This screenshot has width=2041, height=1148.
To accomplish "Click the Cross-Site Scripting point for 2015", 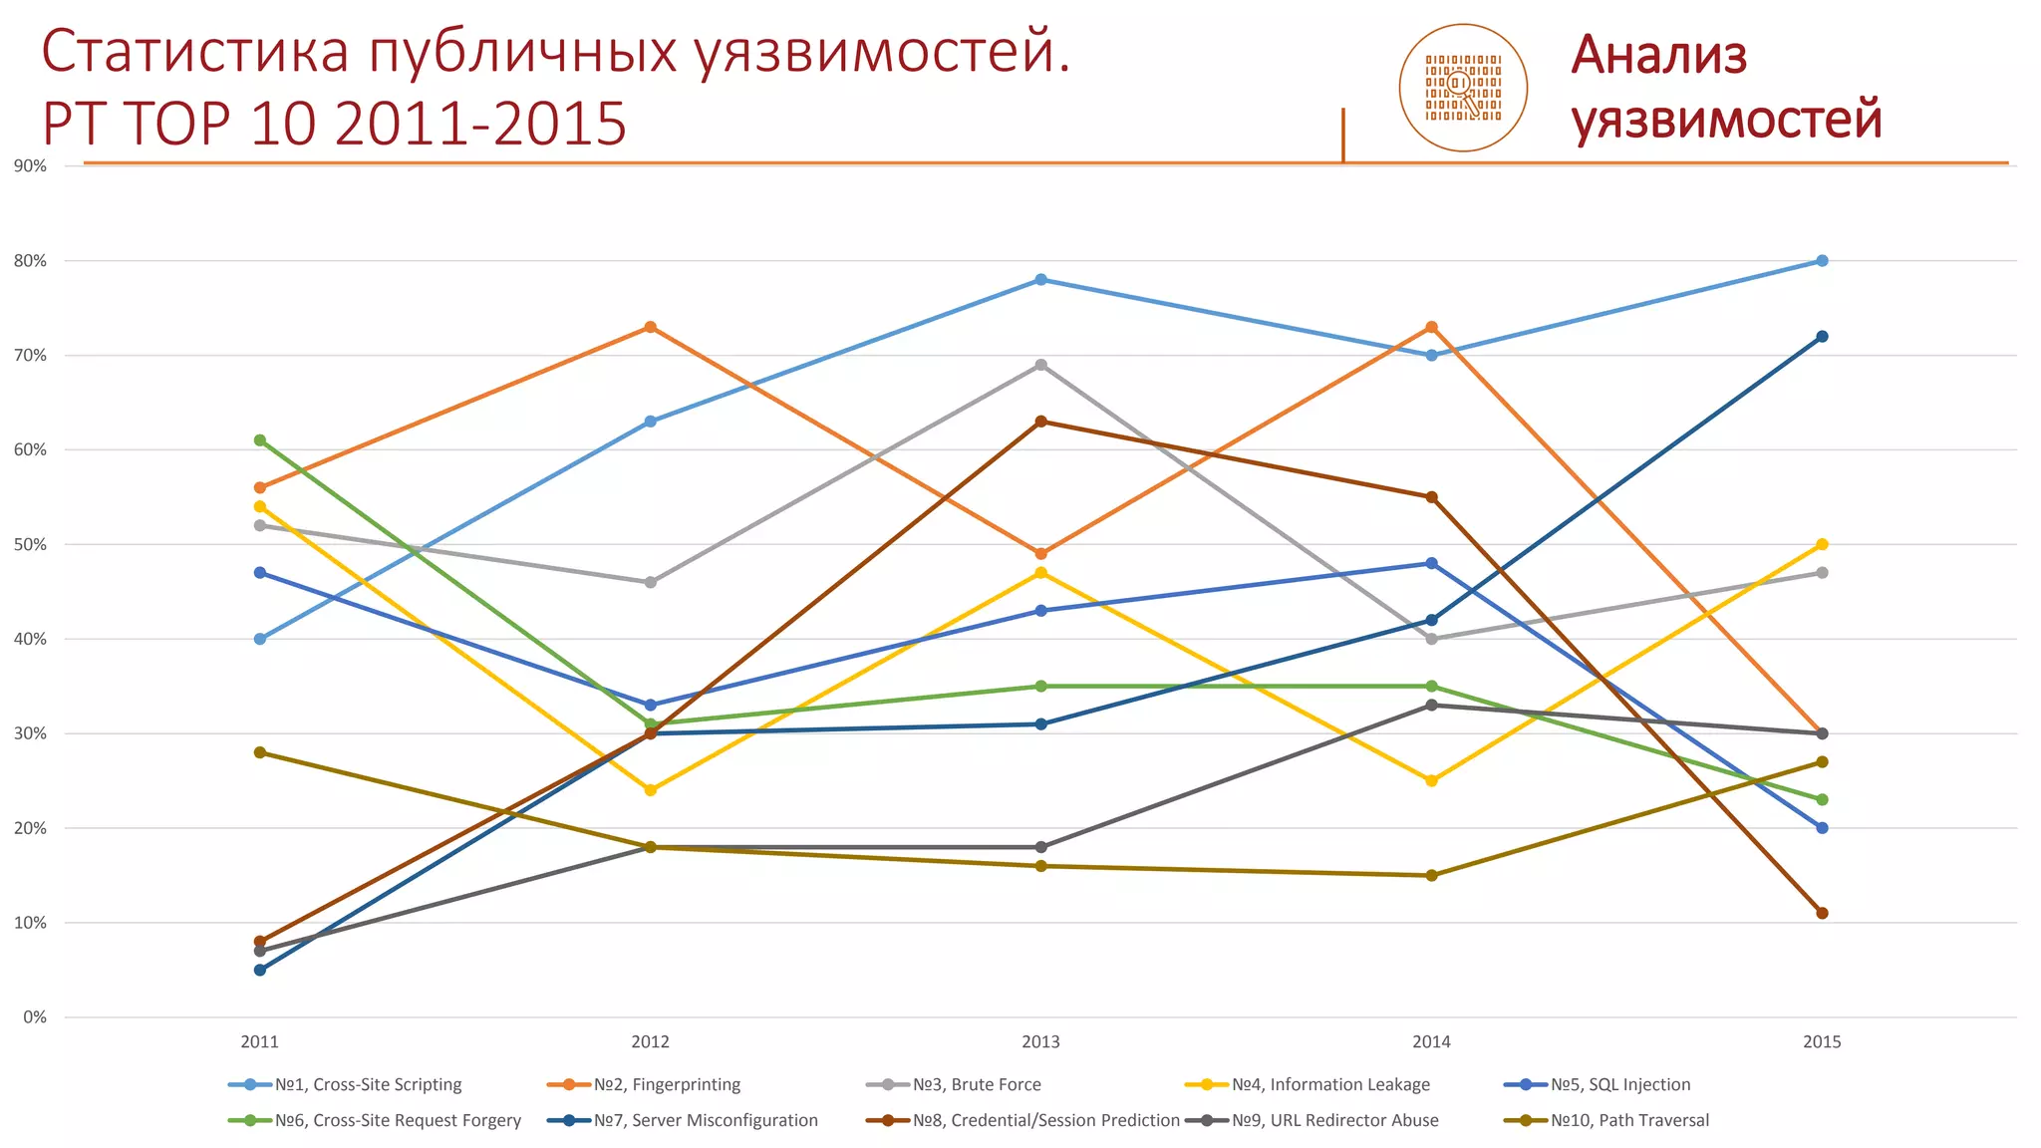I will click(1822, 261).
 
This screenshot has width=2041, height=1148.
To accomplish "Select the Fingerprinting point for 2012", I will click(651, 327).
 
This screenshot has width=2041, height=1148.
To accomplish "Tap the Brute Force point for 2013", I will click(1040, 365).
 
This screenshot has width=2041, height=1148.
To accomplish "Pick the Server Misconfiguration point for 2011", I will click(260, 970).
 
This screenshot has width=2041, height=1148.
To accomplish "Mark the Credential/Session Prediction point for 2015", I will click(1822, 913).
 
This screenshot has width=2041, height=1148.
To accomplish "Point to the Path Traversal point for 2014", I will click(1431, 875).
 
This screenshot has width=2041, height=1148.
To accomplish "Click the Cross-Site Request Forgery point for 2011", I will click(260, 440).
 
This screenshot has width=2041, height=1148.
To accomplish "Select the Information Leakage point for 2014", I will click(1431, 780).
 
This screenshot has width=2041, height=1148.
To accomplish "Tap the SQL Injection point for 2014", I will click(1431, 563).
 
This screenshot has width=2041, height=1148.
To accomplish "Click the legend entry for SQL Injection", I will click(1619, 1084).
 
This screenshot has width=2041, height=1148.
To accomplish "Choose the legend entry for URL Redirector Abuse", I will click(1334, 1120).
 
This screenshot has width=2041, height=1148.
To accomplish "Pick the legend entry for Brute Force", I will click(976, 1084).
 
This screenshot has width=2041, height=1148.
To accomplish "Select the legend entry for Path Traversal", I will click(1629, 1120).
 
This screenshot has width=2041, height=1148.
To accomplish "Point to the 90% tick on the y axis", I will click(31, 166).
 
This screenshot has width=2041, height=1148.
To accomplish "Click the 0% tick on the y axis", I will click(35, 1017).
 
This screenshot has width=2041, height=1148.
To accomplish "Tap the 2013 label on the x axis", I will click(1040, 1042).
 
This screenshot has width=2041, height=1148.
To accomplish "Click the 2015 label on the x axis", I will click(1822, 1042).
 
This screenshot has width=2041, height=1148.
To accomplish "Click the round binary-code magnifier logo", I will click(1463, 88).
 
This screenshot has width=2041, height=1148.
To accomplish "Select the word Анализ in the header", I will click(1659, 56).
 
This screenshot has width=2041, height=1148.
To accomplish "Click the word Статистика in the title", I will click(195, 53).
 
